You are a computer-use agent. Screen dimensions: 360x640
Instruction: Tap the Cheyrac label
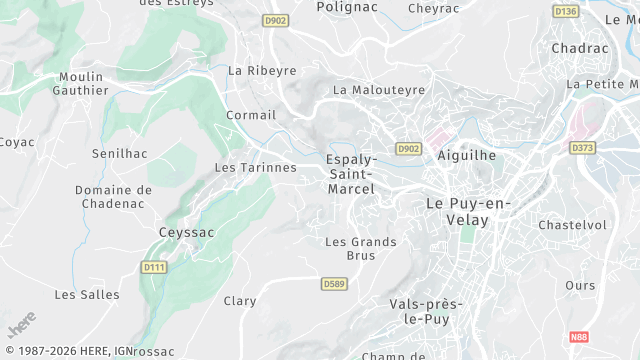pos(434,7)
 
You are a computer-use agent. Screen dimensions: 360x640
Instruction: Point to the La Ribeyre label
pos(263,71)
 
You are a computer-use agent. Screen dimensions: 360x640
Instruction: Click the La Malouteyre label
pos(379,90)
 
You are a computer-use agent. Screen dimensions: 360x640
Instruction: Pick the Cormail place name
pos(250,115)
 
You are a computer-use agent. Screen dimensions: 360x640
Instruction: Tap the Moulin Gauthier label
pos(83,83)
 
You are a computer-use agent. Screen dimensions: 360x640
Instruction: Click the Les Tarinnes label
pos(256,167)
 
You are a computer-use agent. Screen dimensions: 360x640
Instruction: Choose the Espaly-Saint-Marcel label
pos(351,174)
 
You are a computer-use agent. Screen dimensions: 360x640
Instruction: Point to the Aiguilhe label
pos(467,156)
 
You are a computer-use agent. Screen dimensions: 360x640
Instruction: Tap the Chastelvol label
pos(572,225)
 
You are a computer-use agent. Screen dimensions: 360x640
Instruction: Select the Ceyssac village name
pos(187,232)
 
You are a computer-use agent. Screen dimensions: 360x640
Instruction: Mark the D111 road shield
pos(153,267)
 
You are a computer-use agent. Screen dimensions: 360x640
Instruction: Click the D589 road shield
pos(334,284)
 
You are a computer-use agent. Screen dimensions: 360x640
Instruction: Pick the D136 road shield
pos(566,11)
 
